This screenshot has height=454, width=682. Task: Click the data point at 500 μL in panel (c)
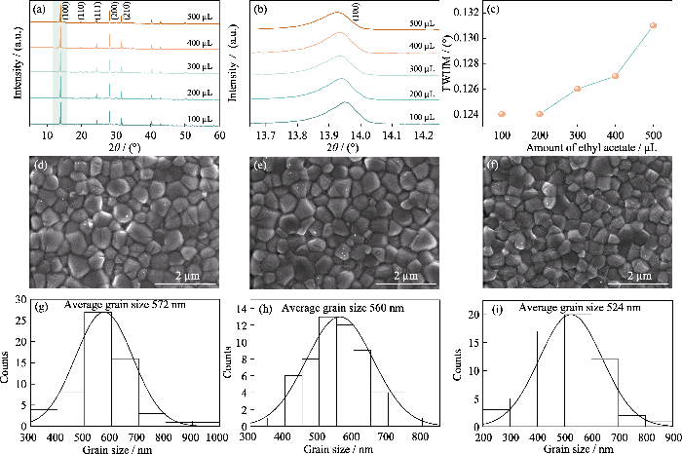653,25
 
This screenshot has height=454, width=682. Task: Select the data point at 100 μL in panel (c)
502,114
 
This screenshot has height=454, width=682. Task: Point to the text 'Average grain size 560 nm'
343,309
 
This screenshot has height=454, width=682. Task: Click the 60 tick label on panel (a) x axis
220,135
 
